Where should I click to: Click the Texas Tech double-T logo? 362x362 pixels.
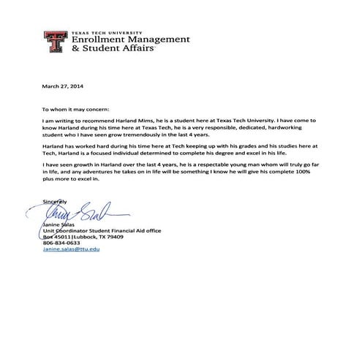click(x=54, y=44)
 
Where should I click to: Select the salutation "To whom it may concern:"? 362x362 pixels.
click(x=74, y=107)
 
